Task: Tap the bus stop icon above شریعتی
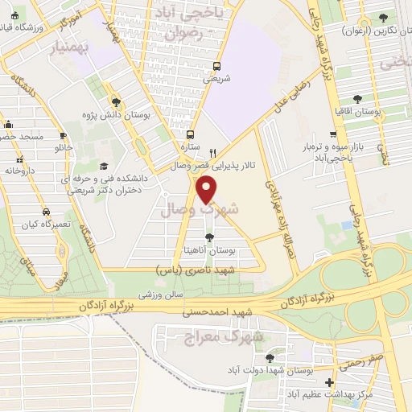coord(216,67)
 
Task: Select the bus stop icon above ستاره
coord(190,135)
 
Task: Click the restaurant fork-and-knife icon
coord(212,152)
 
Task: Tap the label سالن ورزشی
coord(158,295)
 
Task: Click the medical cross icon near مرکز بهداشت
coord(328,383)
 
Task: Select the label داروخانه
coord(23,171)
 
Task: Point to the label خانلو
coord(62,149)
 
